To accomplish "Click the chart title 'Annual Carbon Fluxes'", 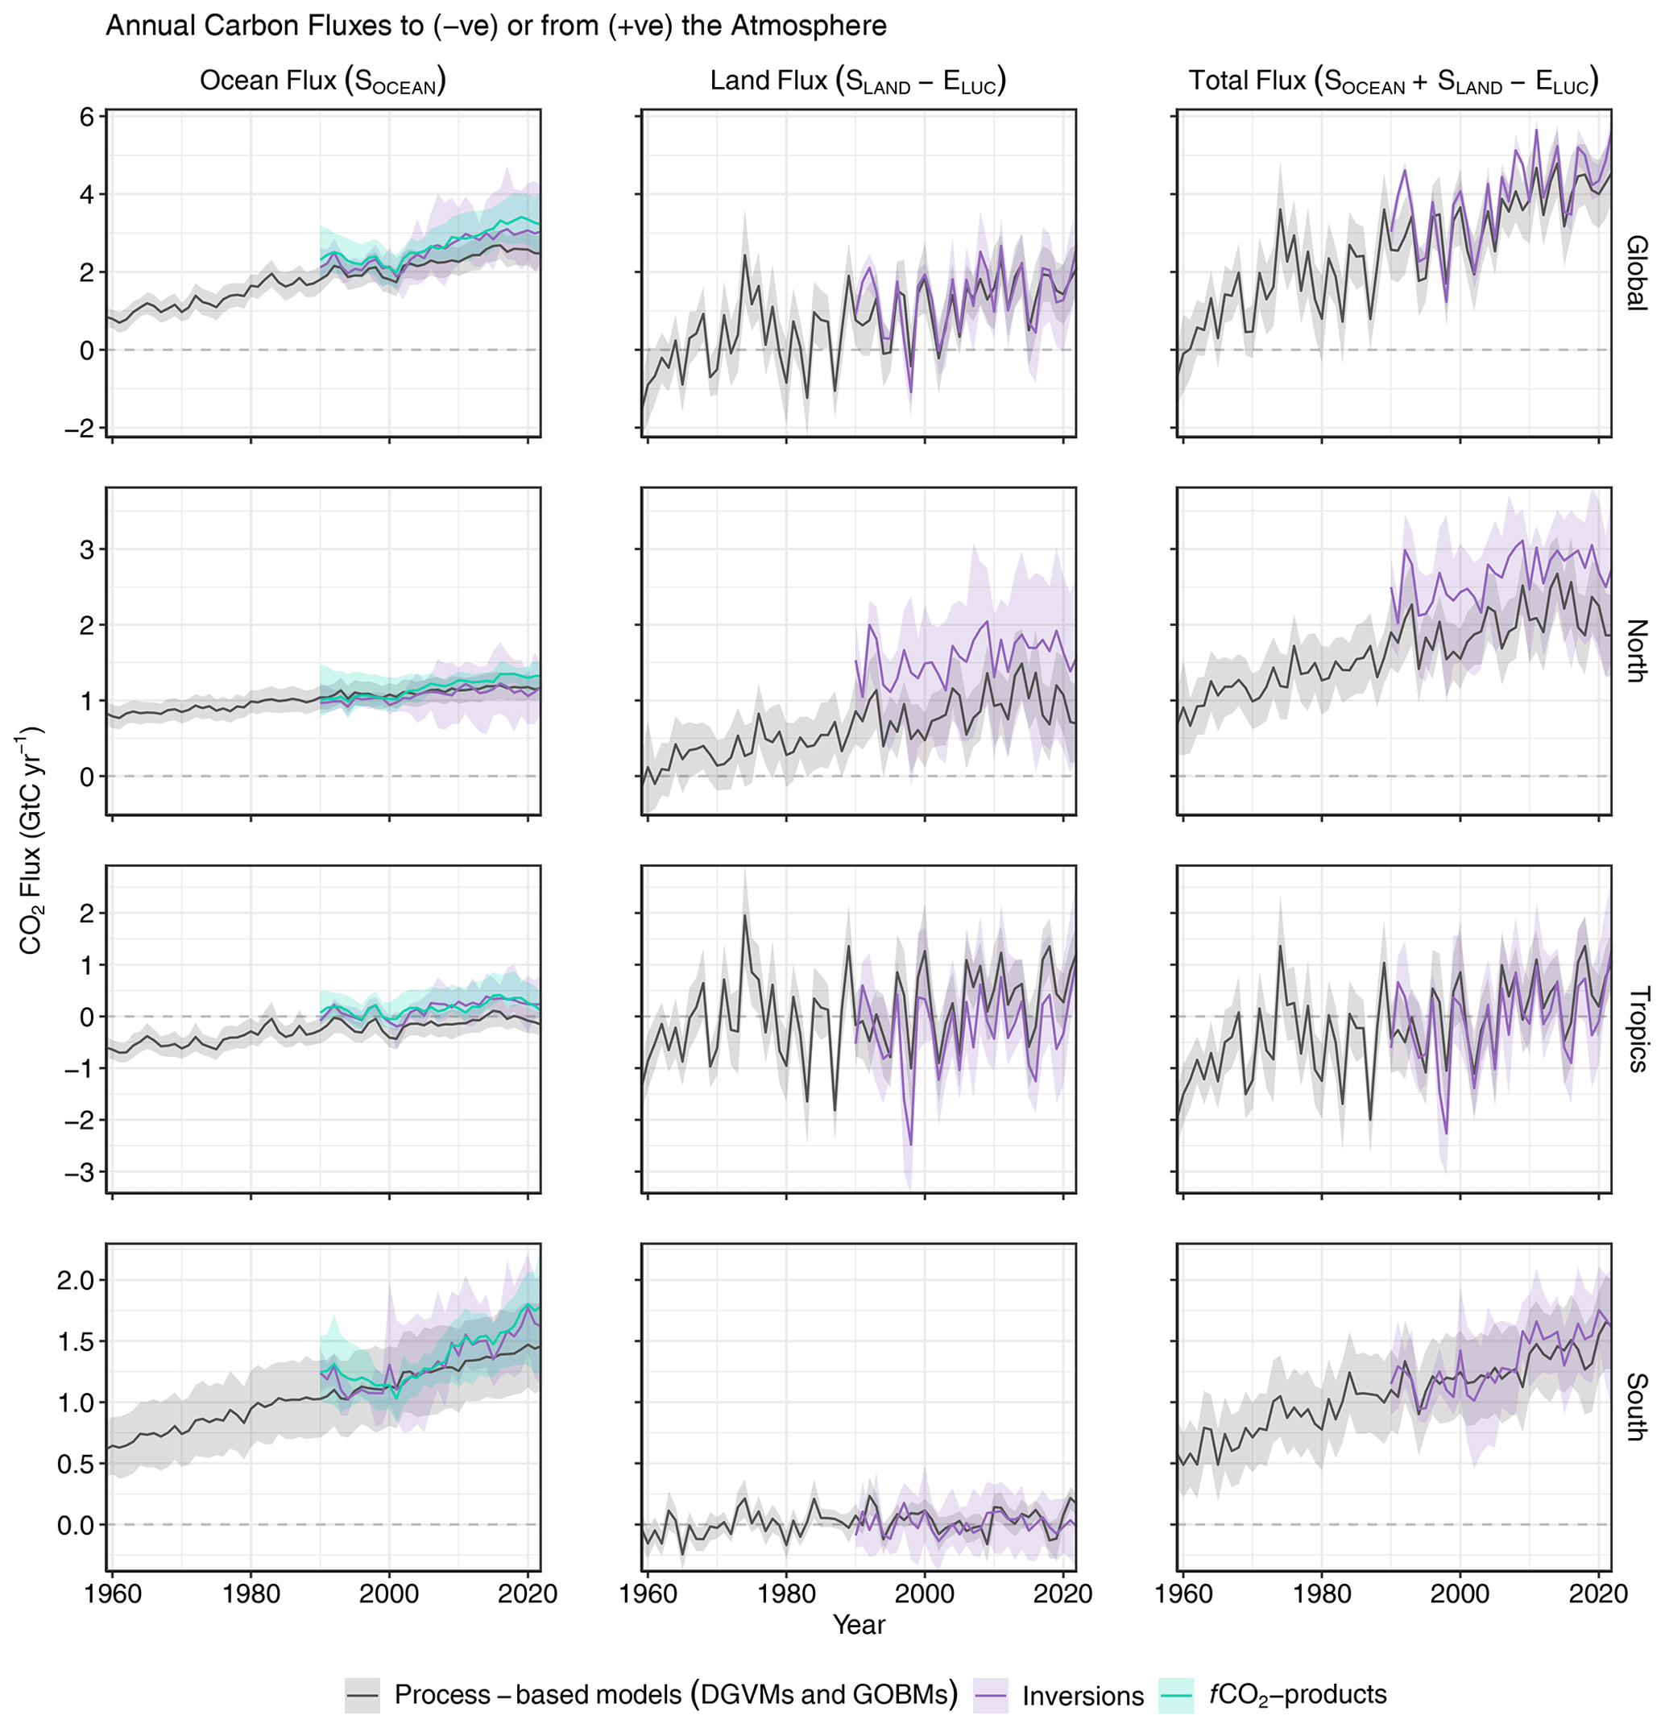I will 495,26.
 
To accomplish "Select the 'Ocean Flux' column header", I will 322,81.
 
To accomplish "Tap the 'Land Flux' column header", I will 858,81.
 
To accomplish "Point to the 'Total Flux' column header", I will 1393,81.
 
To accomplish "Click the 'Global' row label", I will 1636,272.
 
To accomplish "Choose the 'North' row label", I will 1636,651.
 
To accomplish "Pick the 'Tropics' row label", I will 1636,1029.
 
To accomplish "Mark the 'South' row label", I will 1636,1407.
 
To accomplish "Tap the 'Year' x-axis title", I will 859,1624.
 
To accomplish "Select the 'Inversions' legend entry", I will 1083,1696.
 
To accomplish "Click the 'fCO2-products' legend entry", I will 1297,1693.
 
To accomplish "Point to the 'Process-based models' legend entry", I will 675,1693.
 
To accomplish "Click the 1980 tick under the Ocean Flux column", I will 251,1593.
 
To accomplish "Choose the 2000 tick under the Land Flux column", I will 925,1593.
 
